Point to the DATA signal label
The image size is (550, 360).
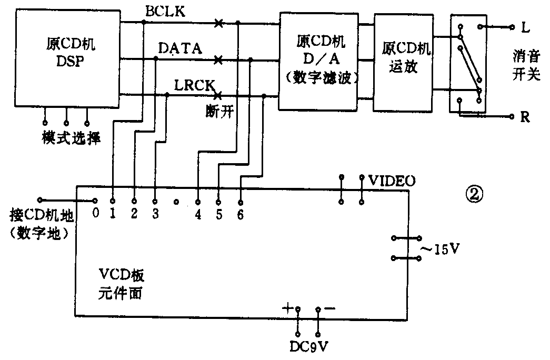tap(181, 48)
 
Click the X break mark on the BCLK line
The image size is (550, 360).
tap(217, 23)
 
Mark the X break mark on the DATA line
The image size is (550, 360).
tap(217, 61)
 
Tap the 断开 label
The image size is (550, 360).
tap(220, 112)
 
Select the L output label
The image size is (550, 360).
tap(526, 26)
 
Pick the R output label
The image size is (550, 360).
tap(525, 116)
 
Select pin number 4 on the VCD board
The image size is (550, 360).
tap(197, 214)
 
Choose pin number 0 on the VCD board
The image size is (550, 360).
tap(95, 214)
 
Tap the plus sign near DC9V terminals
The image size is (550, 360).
tap(288, 308)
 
